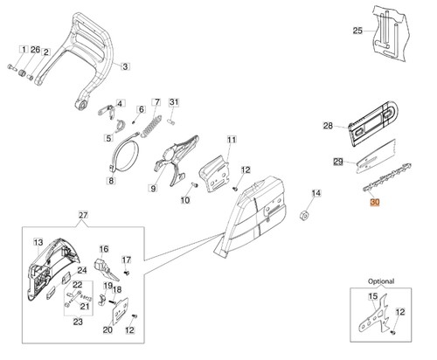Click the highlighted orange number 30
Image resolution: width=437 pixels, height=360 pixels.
tap(375, 202)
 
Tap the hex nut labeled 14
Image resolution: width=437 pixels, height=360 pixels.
tap(305, 215)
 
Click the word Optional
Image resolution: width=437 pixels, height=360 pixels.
tap(381, 281)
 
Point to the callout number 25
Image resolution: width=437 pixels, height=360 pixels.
tap(357, 31)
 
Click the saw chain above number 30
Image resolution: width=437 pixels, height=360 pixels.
tap(387, 178)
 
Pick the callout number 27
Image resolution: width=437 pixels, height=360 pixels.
tap(83, 215)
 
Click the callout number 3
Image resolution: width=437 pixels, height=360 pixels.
tap(125, 66)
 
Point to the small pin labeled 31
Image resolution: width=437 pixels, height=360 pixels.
tap(171, 121)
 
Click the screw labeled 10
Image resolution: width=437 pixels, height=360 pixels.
tap(194, 184)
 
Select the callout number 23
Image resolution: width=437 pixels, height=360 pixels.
tap(78, 322)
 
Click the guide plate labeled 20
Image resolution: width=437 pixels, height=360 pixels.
tap(121, 311)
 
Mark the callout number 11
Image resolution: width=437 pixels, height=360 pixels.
tap(232, 140)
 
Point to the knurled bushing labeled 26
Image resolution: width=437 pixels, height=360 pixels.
tap(22, 73)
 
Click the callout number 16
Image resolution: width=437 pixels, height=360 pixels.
tap(104, 249)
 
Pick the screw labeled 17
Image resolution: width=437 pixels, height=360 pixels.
tap(127, 273)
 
